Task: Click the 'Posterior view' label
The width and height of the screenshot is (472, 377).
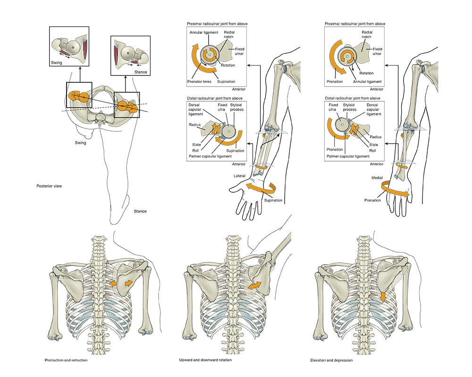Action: (49, 186)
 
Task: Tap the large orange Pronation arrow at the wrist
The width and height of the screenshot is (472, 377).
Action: (394, 190)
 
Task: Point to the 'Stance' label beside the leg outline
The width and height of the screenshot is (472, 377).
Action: (140, 211)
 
